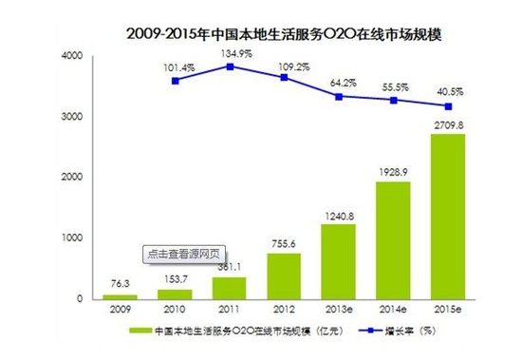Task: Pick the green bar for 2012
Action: pyautogui.click(x=284, y=275)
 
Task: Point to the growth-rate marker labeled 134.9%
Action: pyautogui.click(x=230, y=66)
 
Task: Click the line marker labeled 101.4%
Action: pyautogui.click(x=175, y=81)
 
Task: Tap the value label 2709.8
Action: pyautogui.click(x=449, y=123)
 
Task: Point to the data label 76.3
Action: pyautogui.click(x=120, y=282)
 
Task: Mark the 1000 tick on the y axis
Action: pyautogui.click(x=72, y=238)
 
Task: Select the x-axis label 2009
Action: pyautogui.click(x=120, y=310)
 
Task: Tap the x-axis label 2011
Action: pyautogui.click(x=229, y=310)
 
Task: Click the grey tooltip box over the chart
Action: pyautogui.click(x=185, y=254)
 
